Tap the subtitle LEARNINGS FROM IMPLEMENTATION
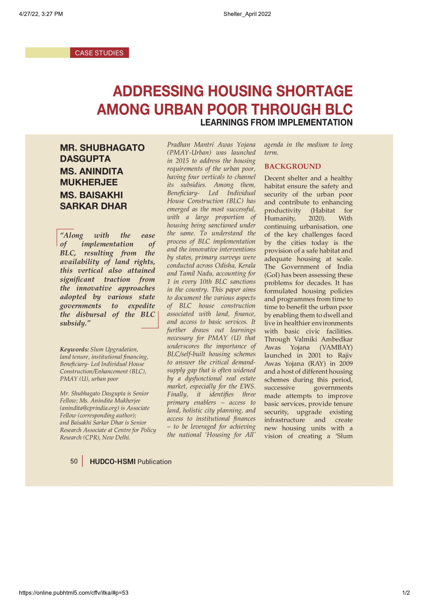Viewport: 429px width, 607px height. (x=276, y=122)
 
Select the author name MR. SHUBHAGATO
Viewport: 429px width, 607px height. (x=102, y=148)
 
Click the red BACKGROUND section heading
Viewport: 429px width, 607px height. (x=292, y=166)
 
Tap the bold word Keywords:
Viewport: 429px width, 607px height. (x=74, y=349)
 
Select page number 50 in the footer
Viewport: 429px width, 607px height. (x=74, y=461)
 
